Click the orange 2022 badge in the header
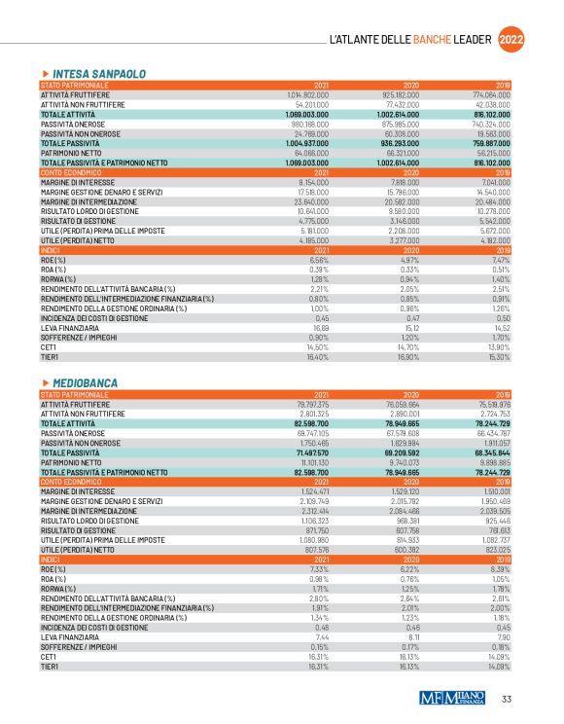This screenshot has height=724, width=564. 513,40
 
